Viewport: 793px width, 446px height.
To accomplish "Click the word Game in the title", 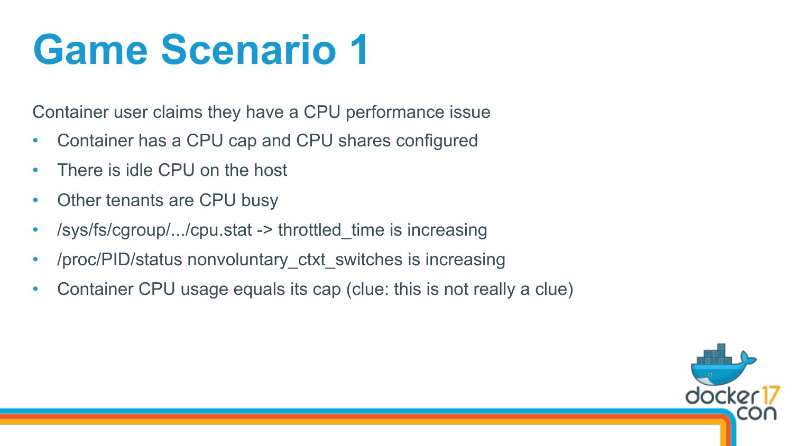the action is point(90,49).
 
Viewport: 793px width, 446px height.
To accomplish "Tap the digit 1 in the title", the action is point(359,49).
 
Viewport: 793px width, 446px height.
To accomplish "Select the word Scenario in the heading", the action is point(248,49).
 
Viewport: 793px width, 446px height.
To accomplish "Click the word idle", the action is point(139,170).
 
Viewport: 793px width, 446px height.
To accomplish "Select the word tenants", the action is point(134,200).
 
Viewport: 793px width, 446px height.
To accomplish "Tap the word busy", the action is point(260,201).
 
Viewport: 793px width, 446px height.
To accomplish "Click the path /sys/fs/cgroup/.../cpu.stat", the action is point(154,230).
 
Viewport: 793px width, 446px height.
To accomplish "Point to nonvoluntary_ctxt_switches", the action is point(295,260).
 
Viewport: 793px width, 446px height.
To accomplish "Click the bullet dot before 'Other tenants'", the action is point(35,200).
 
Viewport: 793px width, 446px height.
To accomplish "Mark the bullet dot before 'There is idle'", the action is point(35,170).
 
